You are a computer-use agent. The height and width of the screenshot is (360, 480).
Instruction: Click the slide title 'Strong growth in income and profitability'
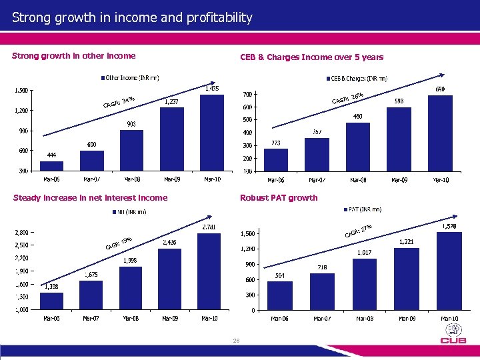pos(132,17)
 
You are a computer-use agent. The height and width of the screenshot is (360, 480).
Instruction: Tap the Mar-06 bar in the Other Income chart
pos(51,166)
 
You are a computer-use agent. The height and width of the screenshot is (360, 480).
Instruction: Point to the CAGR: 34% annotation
pos(119,102)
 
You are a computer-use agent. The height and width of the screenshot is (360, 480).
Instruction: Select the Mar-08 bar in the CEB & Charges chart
pos(357,147)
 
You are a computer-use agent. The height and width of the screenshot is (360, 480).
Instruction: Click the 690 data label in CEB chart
pos(440,89)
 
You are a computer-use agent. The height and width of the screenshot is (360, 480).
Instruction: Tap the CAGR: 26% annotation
pos(347,99)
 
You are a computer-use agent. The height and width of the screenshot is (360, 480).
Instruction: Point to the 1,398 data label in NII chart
pos(51,287)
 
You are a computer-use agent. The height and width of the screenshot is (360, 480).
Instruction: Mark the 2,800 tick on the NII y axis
pos(24,233)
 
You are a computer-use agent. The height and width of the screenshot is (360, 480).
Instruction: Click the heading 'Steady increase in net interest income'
pos(90,197)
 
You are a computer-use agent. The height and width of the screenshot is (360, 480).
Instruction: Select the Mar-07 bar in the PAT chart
pos(322,291)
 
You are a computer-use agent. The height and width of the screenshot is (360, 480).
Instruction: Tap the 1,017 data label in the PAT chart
pos(363,253)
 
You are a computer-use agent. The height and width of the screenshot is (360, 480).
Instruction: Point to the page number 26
pos(236,341)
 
